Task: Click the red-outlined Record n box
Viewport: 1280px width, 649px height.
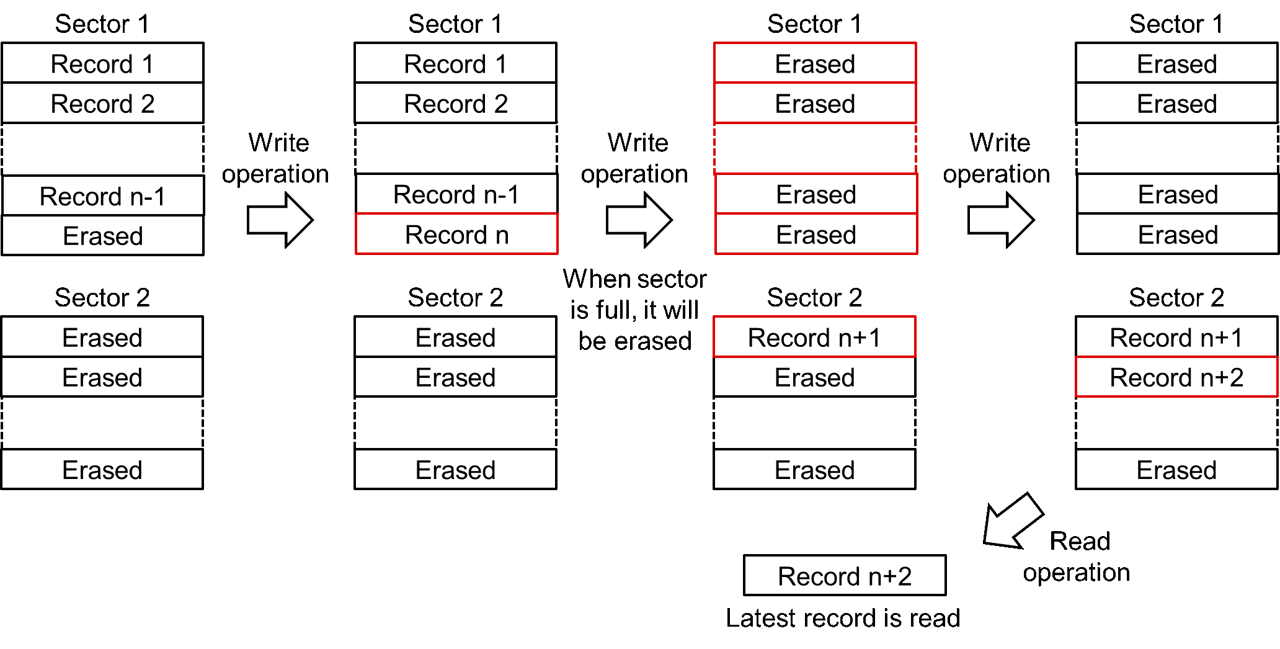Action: pos(456,235)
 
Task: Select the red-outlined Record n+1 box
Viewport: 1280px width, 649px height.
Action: pos(814,338)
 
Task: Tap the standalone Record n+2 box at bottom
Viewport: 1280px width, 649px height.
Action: pos(844,576)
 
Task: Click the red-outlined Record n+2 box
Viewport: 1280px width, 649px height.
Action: pos(1176,377)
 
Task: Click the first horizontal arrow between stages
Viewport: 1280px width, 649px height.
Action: pos(280,220)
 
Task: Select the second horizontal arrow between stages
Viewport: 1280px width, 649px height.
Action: pos(639,220)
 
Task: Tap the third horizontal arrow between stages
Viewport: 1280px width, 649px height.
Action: pos(1000,220)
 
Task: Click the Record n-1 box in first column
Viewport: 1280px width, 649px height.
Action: pos(102,196)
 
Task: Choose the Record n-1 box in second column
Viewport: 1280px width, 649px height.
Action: pos(456,194)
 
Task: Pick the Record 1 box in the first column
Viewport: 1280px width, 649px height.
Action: pos(102,63)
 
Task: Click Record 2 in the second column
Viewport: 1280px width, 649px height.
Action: pos(456,104)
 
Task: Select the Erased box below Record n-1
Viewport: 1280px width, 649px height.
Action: pos(102,236)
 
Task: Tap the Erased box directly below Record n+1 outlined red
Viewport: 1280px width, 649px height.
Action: pos(814,377)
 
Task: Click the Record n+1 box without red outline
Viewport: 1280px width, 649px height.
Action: pos(1176,338)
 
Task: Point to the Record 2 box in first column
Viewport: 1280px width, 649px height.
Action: pos(102,104)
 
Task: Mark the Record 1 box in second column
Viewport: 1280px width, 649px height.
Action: pos(456,63)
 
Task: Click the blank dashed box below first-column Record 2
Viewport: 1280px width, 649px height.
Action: pos(102,150)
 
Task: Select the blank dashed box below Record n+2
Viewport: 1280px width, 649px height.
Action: pos(1176,423)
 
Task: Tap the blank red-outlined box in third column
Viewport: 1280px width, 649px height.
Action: pos(815,149)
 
